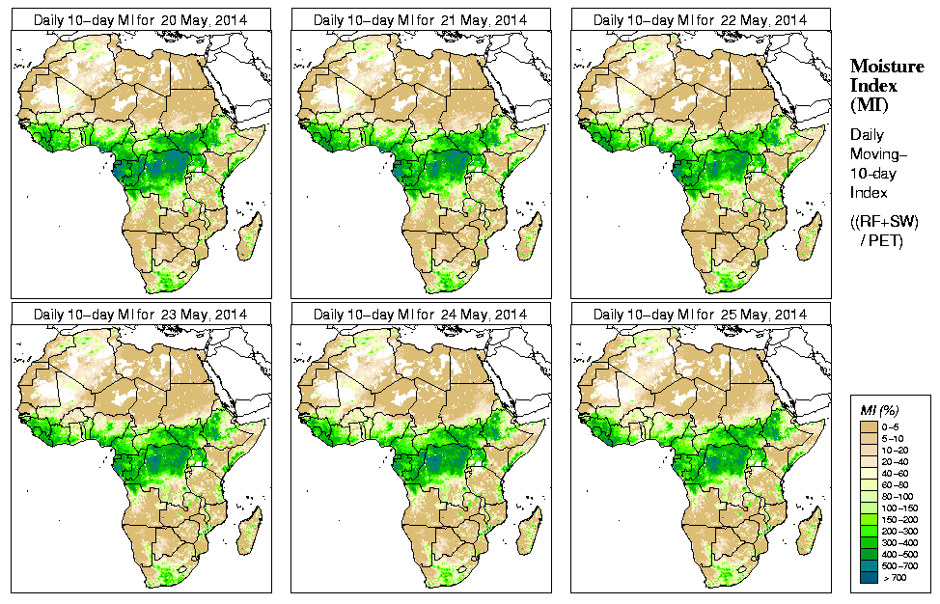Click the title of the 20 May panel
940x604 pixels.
point(141,20)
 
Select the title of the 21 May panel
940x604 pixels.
point(421,20)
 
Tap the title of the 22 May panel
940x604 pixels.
point(701,20)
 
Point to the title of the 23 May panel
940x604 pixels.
point(141,315)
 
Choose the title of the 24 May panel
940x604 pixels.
point(421,315)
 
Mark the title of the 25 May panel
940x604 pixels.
point(701,315)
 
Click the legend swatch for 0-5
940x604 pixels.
point(868,426)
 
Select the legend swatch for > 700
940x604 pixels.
point(868,576)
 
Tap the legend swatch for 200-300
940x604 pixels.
point(868,530)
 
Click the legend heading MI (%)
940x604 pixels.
point(879,412)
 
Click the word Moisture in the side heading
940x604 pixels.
point(887,66)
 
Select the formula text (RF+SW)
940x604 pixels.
point(885,222)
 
